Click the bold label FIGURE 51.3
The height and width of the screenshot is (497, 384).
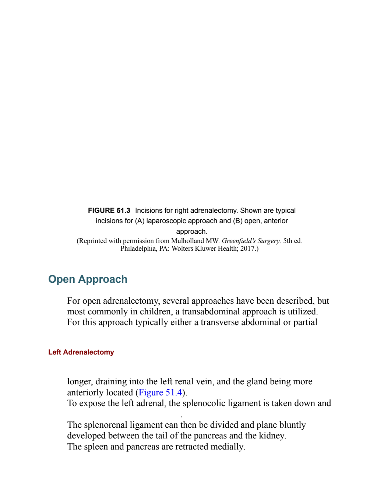tap(109, 211)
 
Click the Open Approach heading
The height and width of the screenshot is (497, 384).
tap(88, 279)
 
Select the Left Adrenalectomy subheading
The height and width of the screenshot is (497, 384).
tap(81, 352)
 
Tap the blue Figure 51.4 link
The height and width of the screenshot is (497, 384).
tap(160, 392)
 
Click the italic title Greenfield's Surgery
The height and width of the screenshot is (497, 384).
tap(251, 241)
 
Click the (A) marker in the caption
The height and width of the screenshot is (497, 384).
tap(140, 221)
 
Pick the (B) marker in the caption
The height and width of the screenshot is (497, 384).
tap(238, 221)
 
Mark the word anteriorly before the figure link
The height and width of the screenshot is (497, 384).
tap(100, 393)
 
